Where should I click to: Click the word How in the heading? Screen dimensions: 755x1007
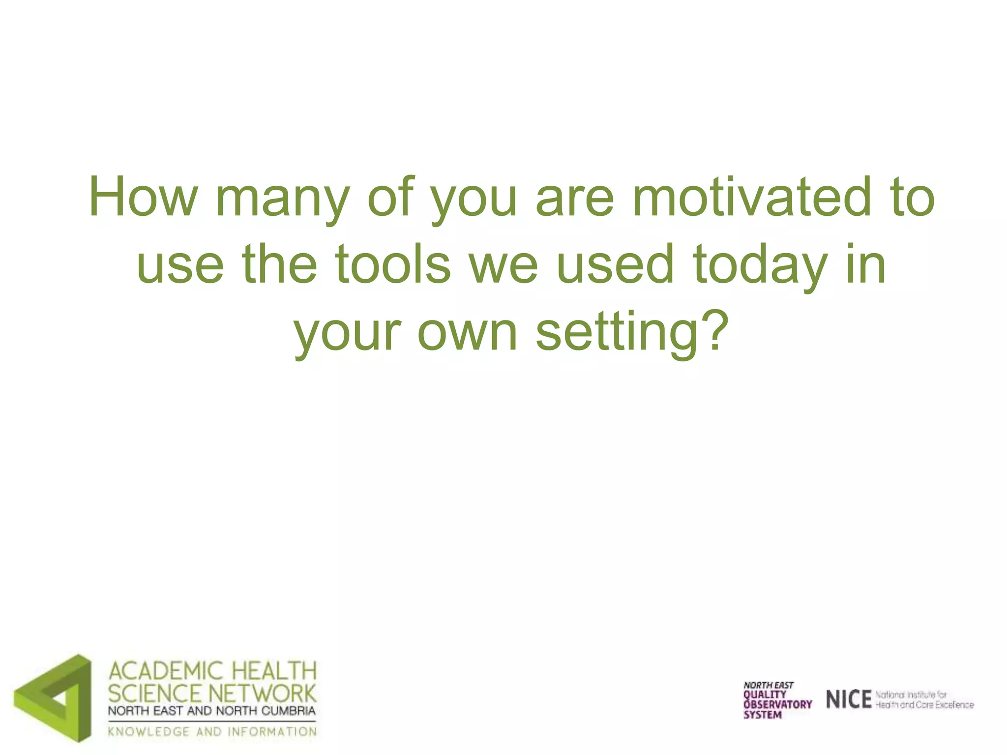pyautogui.click(x=143, y=197)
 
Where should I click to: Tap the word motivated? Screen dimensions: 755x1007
pyautogui.click(x=752, y=197)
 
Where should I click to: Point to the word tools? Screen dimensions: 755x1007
pyautogui.click(x=393, y=264)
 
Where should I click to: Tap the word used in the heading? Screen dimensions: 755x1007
pyautogui.click(x=615, y=264)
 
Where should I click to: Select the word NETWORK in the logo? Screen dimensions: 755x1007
pyautogui.click(x=263, y=693)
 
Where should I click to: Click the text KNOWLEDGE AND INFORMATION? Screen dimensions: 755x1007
pyautogui.click(x=212, y=732)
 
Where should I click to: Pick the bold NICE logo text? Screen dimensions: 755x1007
pyautogui.click(x=848, y=699)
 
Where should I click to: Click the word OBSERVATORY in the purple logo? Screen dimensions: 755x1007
pyautogui.click(x=777, y=704)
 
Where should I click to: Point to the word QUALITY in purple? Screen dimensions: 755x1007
pyautogui.click(x=765, y=695)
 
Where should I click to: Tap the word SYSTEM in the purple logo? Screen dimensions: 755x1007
pyautogui.click(x=762, y=715)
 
